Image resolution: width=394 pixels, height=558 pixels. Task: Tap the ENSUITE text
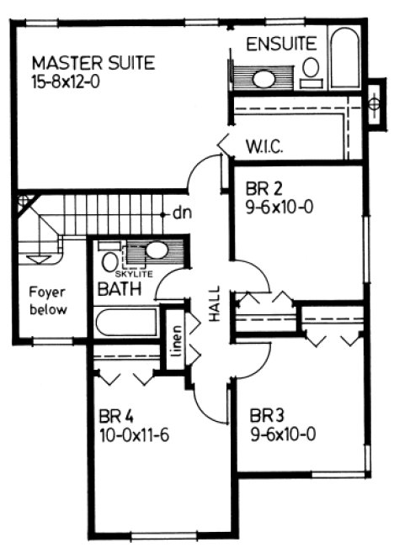tap(280, 43)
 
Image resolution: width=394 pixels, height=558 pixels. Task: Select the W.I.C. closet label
tap(264, 146)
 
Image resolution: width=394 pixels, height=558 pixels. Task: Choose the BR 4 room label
tap(114, 416)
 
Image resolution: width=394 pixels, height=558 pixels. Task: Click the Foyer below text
tap(45, 301)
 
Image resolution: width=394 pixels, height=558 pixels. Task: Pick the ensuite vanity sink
tap(264, 80)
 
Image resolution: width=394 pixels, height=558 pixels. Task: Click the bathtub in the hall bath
tap(127, 323)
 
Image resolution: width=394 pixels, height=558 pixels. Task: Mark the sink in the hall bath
tap(156, 250)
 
